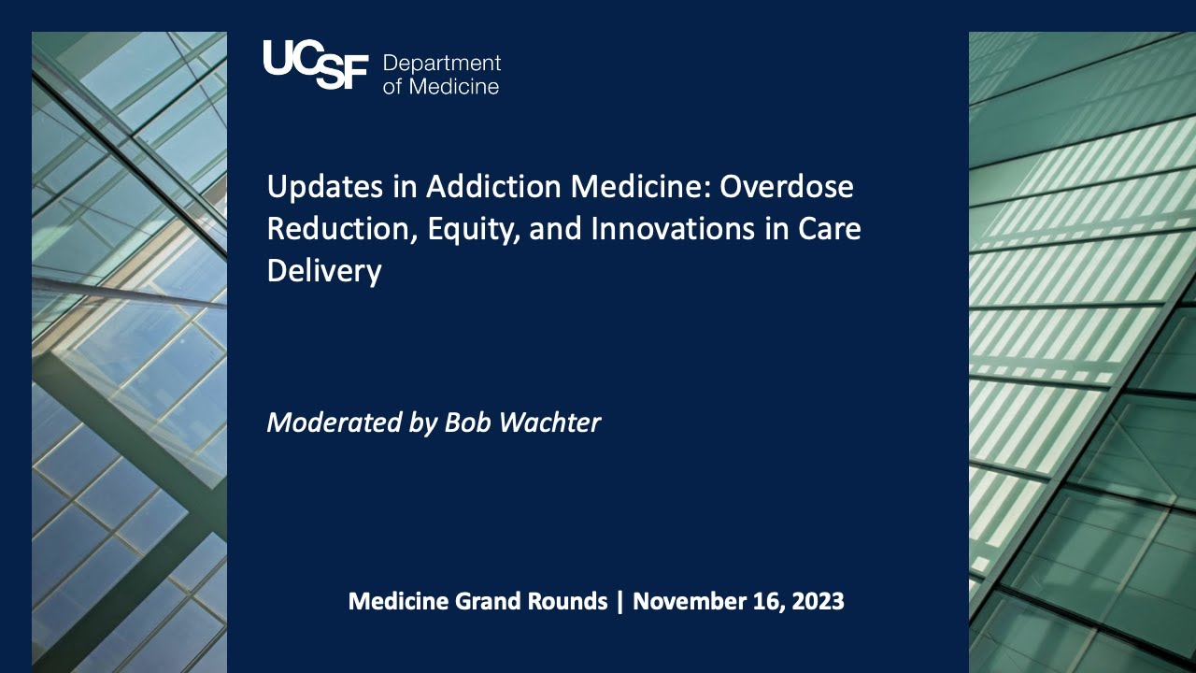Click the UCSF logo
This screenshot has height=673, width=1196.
[316, 64]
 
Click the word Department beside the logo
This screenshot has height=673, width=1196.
[442, 64]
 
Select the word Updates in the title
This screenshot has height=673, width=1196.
[325, 187]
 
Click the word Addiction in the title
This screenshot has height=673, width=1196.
[493, 186]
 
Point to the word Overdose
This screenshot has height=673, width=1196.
[787, 186]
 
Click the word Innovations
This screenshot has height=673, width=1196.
[672, 229]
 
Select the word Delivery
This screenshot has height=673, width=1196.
[324, 271]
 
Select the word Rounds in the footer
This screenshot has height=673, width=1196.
[567, 601]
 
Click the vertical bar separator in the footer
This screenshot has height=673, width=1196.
[619, 601]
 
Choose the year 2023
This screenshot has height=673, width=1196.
[818, 601]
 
